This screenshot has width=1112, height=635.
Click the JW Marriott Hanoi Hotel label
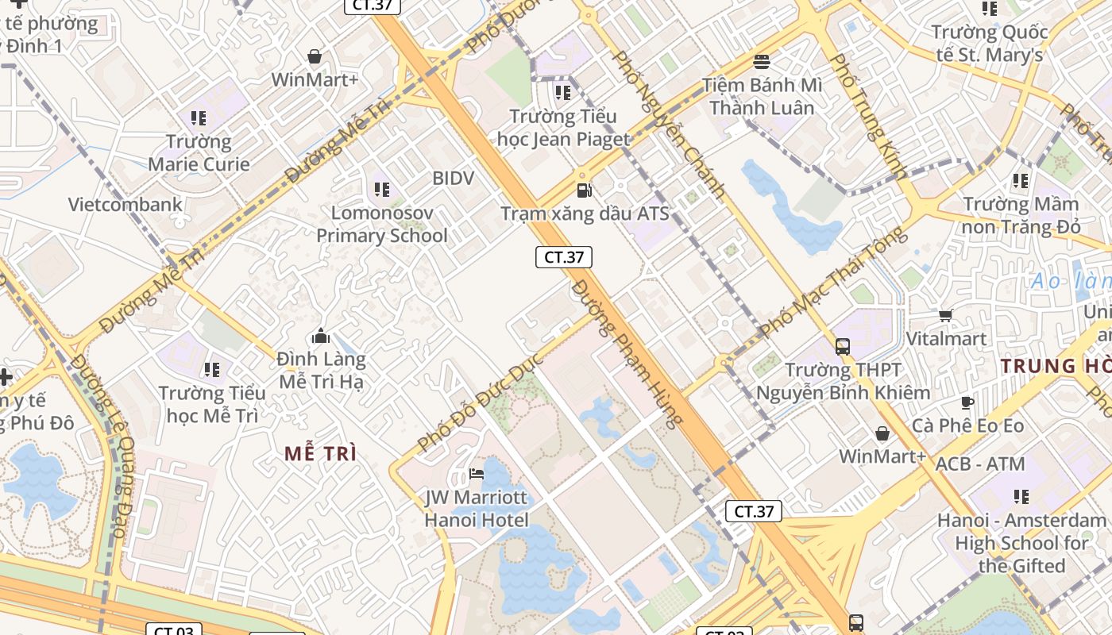pyautogui.click(x=476, y=509)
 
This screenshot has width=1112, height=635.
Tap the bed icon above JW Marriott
pyautogui.click(x=477, y=474)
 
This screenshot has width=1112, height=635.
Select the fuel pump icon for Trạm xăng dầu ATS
pyautogui.click(x=585, y=190)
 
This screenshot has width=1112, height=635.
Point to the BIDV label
pyautogui.click(x=453, y=179)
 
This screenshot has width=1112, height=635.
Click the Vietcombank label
pyautogui.click(x=125, y=204)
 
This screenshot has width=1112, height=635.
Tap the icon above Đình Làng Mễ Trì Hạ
pyautogui.click(x=321, y=337)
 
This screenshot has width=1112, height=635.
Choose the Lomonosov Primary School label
pyautogui.click(x=382, y=224)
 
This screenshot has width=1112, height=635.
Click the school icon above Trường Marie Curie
pyautogui.click(x=199, y=119)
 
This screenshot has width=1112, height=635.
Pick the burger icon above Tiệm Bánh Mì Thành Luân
pyautogui.click(x=762, y=62)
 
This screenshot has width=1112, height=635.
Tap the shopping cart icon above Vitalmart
pyautogui.click(x=946, y=316)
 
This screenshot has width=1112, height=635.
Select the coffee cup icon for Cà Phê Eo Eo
pyautogui.click(x=967, y=403)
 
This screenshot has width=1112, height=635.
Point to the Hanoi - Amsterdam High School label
pyautogui.click(x=1021, y=543)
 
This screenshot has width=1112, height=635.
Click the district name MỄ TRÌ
pyautogui.click(x=321, y=454)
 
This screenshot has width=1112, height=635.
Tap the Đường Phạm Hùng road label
pyautogui.click(x=627, y=353)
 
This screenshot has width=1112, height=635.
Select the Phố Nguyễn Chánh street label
pyautogui.click(x=670, y=124)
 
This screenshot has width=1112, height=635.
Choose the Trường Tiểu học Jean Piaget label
pyautogui.click(x=563, y=128)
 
